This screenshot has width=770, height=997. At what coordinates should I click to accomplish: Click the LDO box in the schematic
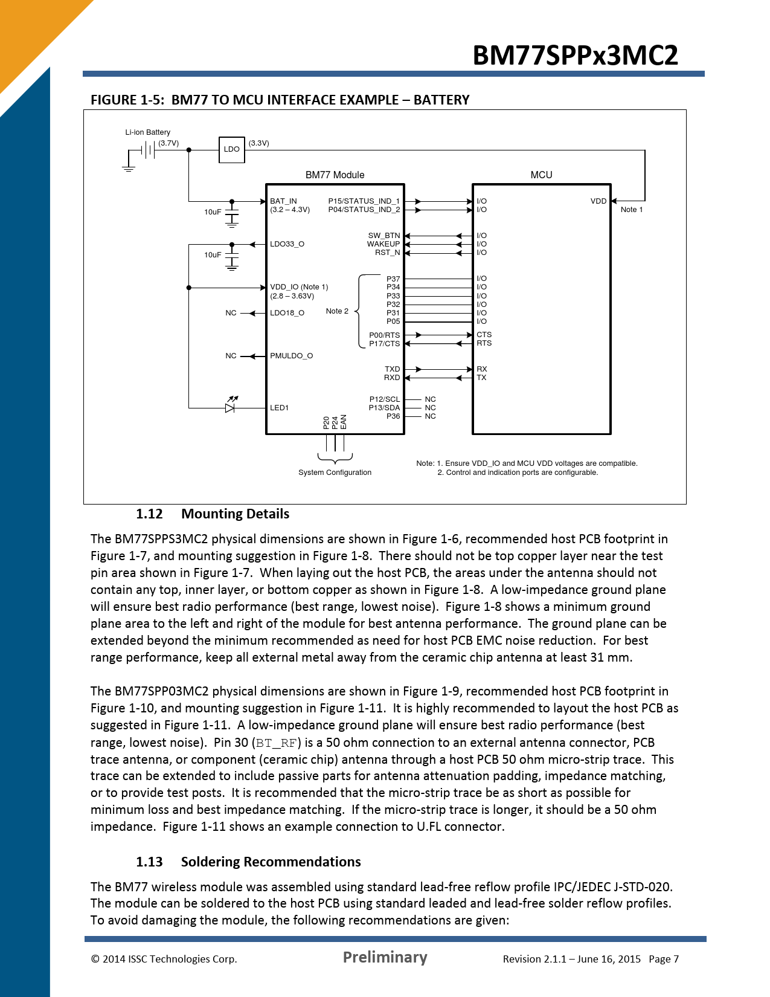click(x=231, y=150)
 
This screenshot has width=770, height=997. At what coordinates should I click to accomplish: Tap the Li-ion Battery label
click(x=148, y=132)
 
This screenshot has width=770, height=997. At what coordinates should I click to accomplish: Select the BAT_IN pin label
click(x=283, y=201)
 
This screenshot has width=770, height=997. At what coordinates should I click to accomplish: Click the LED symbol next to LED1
click(x=230, y=405)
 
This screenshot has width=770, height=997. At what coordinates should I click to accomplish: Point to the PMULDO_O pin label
click(x=291, y=355)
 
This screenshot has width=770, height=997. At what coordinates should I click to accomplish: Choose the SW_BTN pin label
click(x=384, y=236)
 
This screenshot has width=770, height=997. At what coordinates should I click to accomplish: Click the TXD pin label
click(x=392, y=369)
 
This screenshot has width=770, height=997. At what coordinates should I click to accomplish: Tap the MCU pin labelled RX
click(x=481, y=369)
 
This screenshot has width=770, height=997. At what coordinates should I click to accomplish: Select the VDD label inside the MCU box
click(x=598, y=201)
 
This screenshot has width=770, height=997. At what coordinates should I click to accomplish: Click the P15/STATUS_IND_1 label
click(x=364, y=201)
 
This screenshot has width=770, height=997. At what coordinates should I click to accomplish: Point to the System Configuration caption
click(x=335, y=472)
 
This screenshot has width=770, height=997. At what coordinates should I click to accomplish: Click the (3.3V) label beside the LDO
click(x=258, y=143)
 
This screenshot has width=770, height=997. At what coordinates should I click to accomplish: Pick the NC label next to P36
click(x=430, y=416)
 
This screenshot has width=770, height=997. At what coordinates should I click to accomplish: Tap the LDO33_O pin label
click(x=287, y=244)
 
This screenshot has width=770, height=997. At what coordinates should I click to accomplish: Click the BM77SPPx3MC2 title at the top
click(x=575, y=56)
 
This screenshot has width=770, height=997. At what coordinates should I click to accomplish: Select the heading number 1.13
click(x=149, y=862)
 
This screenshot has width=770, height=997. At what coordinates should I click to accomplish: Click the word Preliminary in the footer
click(x=385, y=957)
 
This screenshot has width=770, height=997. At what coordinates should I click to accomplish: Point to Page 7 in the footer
click(x=664, y=959)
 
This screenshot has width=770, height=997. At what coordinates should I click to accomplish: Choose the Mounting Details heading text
click(x=236, y=514)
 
